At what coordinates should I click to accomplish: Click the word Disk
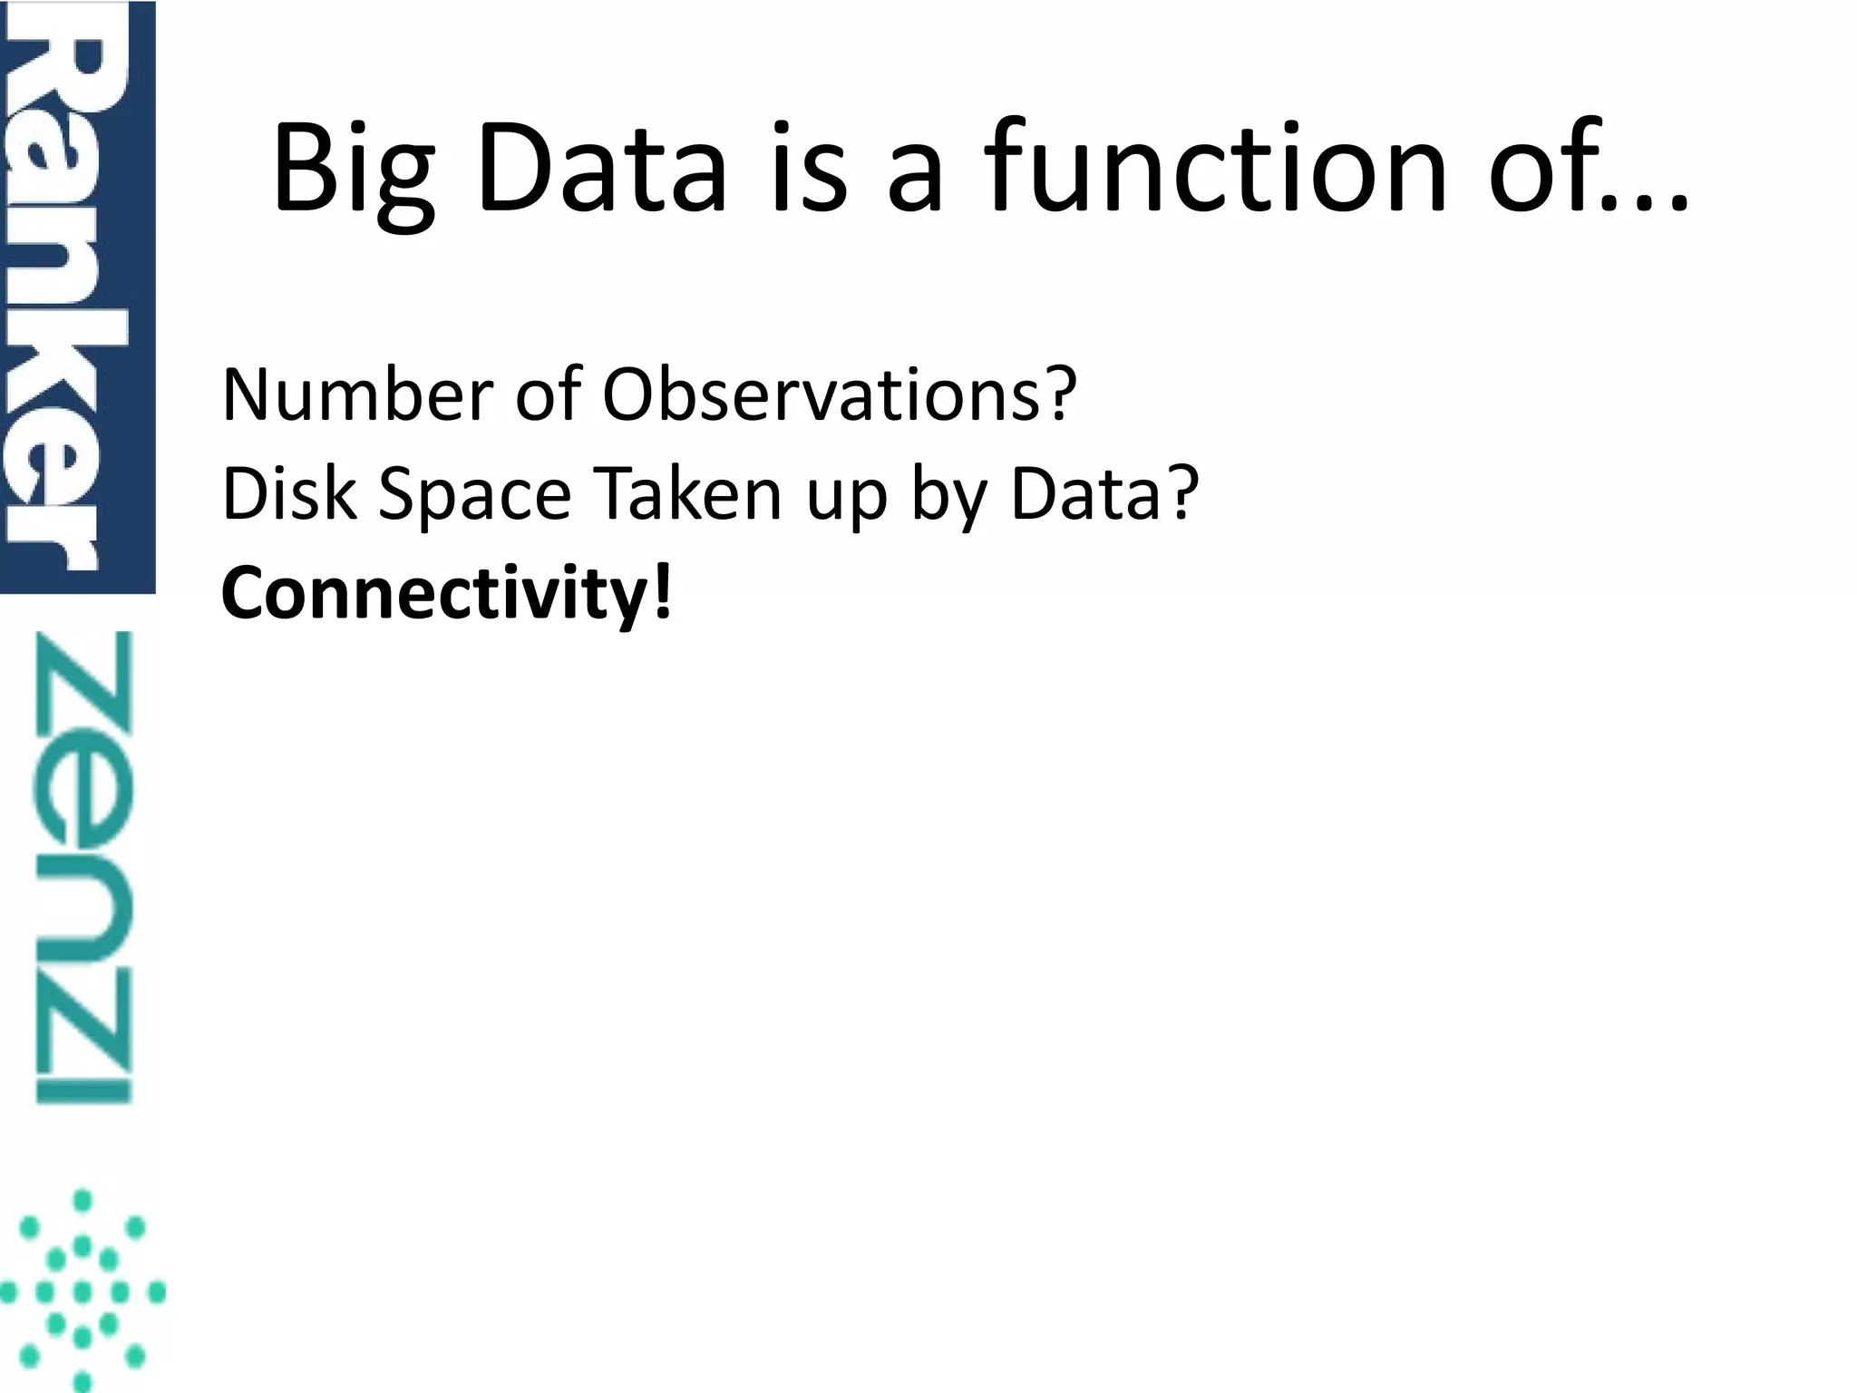click(x=289, y=494)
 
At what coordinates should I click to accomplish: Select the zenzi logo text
click(x=83, y=866)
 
